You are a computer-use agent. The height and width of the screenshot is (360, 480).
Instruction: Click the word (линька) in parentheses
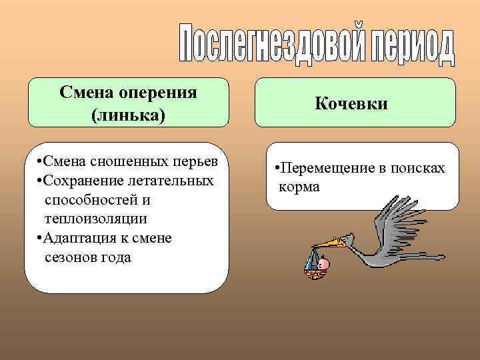point(128,115)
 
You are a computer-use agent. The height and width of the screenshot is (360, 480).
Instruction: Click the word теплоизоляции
point(95,219)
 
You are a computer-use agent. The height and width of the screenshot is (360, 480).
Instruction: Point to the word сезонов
point(71,257)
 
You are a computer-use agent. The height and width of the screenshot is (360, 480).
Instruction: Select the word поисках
point(419,169)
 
